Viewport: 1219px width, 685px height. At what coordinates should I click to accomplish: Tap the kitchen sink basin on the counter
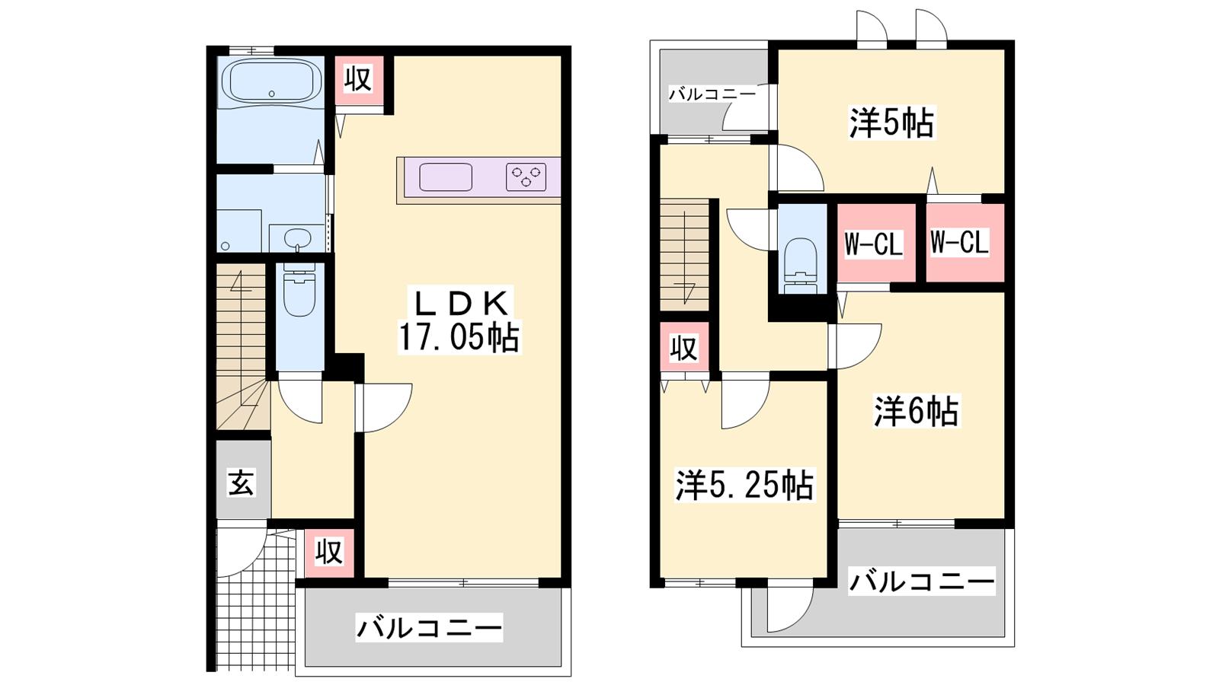445,177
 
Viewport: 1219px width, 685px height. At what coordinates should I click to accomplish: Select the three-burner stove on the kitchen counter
526,177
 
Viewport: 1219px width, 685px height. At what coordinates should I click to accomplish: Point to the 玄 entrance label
241,483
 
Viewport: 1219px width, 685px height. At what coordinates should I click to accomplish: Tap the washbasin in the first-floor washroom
298,238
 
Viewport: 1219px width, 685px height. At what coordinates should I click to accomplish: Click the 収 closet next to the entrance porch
329,553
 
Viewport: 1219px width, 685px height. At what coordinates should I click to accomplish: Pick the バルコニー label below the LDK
430,627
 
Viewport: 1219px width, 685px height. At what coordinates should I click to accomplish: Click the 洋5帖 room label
892,123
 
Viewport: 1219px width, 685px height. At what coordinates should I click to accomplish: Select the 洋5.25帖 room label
744,484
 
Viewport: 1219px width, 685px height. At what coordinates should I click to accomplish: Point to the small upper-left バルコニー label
712,94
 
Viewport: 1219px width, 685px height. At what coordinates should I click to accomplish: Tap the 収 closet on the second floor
684,348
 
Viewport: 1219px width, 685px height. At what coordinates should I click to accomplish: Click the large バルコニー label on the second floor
923,581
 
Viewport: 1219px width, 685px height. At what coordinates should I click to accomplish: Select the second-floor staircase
685,255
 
